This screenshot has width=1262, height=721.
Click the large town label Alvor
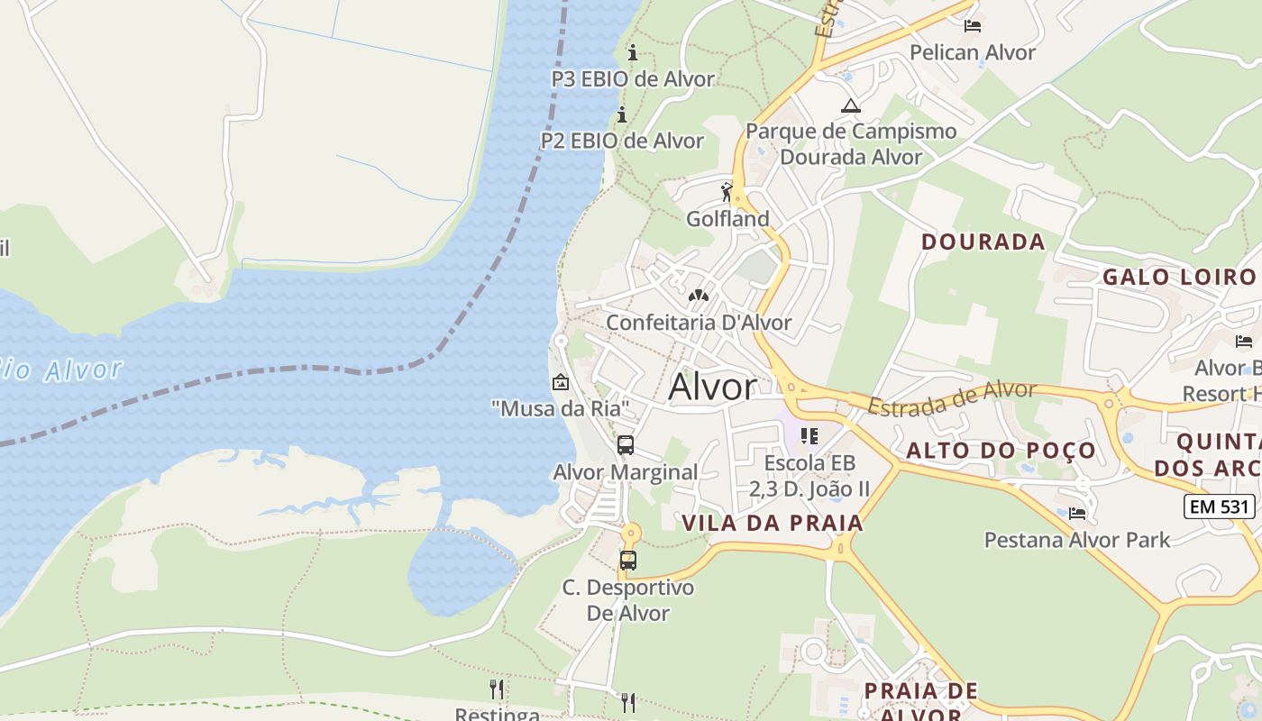tap(712, 387)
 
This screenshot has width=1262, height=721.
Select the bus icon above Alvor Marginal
tap(625, 445)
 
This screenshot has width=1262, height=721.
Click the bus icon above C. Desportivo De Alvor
tap(628, 561)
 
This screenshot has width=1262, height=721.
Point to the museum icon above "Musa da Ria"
tap(560, 382)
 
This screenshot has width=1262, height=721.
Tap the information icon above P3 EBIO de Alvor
tap(633, 52)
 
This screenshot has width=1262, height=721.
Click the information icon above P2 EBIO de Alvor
tap(622, 114)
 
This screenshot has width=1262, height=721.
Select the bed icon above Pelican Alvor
tap(972, 25)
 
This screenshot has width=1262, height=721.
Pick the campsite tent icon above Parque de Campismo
tap(850, 105)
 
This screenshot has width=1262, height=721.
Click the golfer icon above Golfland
tap(727, 192)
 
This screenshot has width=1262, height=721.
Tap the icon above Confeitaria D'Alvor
tap(698, 296)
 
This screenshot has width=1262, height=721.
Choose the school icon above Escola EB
tap(809, 436)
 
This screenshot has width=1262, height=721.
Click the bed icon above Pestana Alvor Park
tap(1076, 514)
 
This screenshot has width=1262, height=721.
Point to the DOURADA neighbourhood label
tap(983, 242)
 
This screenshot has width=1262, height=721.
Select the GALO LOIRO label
tap(1179, 277)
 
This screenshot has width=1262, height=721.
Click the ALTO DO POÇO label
tap(1001, 451)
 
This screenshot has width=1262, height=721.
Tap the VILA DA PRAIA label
tap(773, 523)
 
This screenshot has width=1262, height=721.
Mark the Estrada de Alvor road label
tap(952, 397)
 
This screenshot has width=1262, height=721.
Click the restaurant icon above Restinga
tap(497, 689)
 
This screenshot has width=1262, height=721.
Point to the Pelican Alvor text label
tap(973, 52)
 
